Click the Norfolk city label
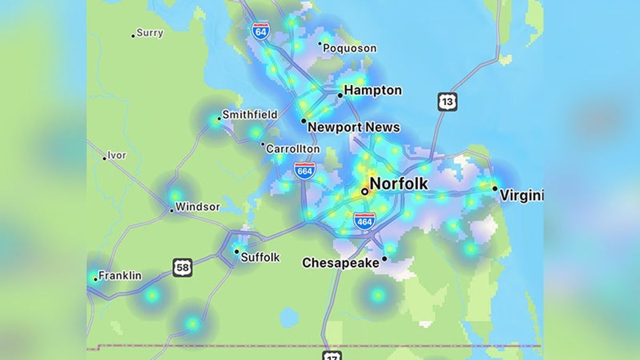pos(398,184)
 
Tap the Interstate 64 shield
pos(261,30)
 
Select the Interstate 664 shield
pos(304,170)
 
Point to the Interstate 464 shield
pos(364,221)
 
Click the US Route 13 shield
pos(447,101)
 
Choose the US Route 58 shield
pos(182,267)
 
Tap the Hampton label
pos(373,91)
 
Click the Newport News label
pos(354,127)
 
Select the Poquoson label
pos(350,49)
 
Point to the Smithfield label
pos(250,115)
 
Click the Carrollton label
pos(293,149)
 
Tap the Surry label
pos(150,33)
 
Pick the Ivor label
pos(117,156)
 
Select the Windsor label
pos(197,206)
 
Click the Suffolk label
pos(260,258)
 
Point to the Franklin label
pos(120,276)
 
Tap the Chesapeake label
pos(341,263)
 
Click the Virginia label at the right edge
pos(521,196)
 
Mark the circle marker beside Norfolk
pos(364,191)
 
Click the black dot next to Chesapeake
pos(385,259)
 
